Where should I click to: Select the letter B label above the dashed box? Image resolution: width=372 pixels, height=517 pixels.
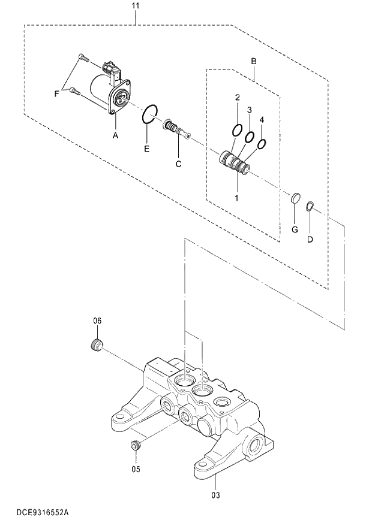pos(253,61)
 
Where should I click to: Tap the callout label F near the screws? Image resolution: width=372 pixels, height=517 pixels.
pos(57,93)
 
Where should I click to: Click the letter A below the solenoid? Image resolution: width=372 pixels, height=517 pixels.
pos(115,136)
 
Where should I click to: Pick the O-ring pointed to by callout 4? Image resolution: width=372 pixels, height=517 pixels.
pos(262,144)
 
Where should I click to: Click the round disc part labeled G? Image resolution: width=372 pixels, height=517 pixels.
pos(295,199)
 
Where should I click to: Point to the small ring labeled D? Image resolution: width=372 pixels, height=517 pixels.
pos(310,207)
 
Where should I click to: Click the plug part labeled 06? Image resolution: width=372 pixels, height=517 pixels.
pos(95,345)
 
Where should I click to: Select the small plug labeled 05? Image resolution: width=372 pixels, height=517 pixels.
pos(136,445)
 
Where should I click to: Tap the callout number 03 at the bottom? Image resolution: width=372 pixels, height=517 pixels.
pos(215,495)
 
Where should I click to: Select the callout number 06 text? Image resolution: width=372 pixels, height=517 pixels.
pos(97,321)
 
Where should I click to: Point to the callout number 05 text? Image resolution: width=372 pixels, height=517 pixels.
pos(136,468)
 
